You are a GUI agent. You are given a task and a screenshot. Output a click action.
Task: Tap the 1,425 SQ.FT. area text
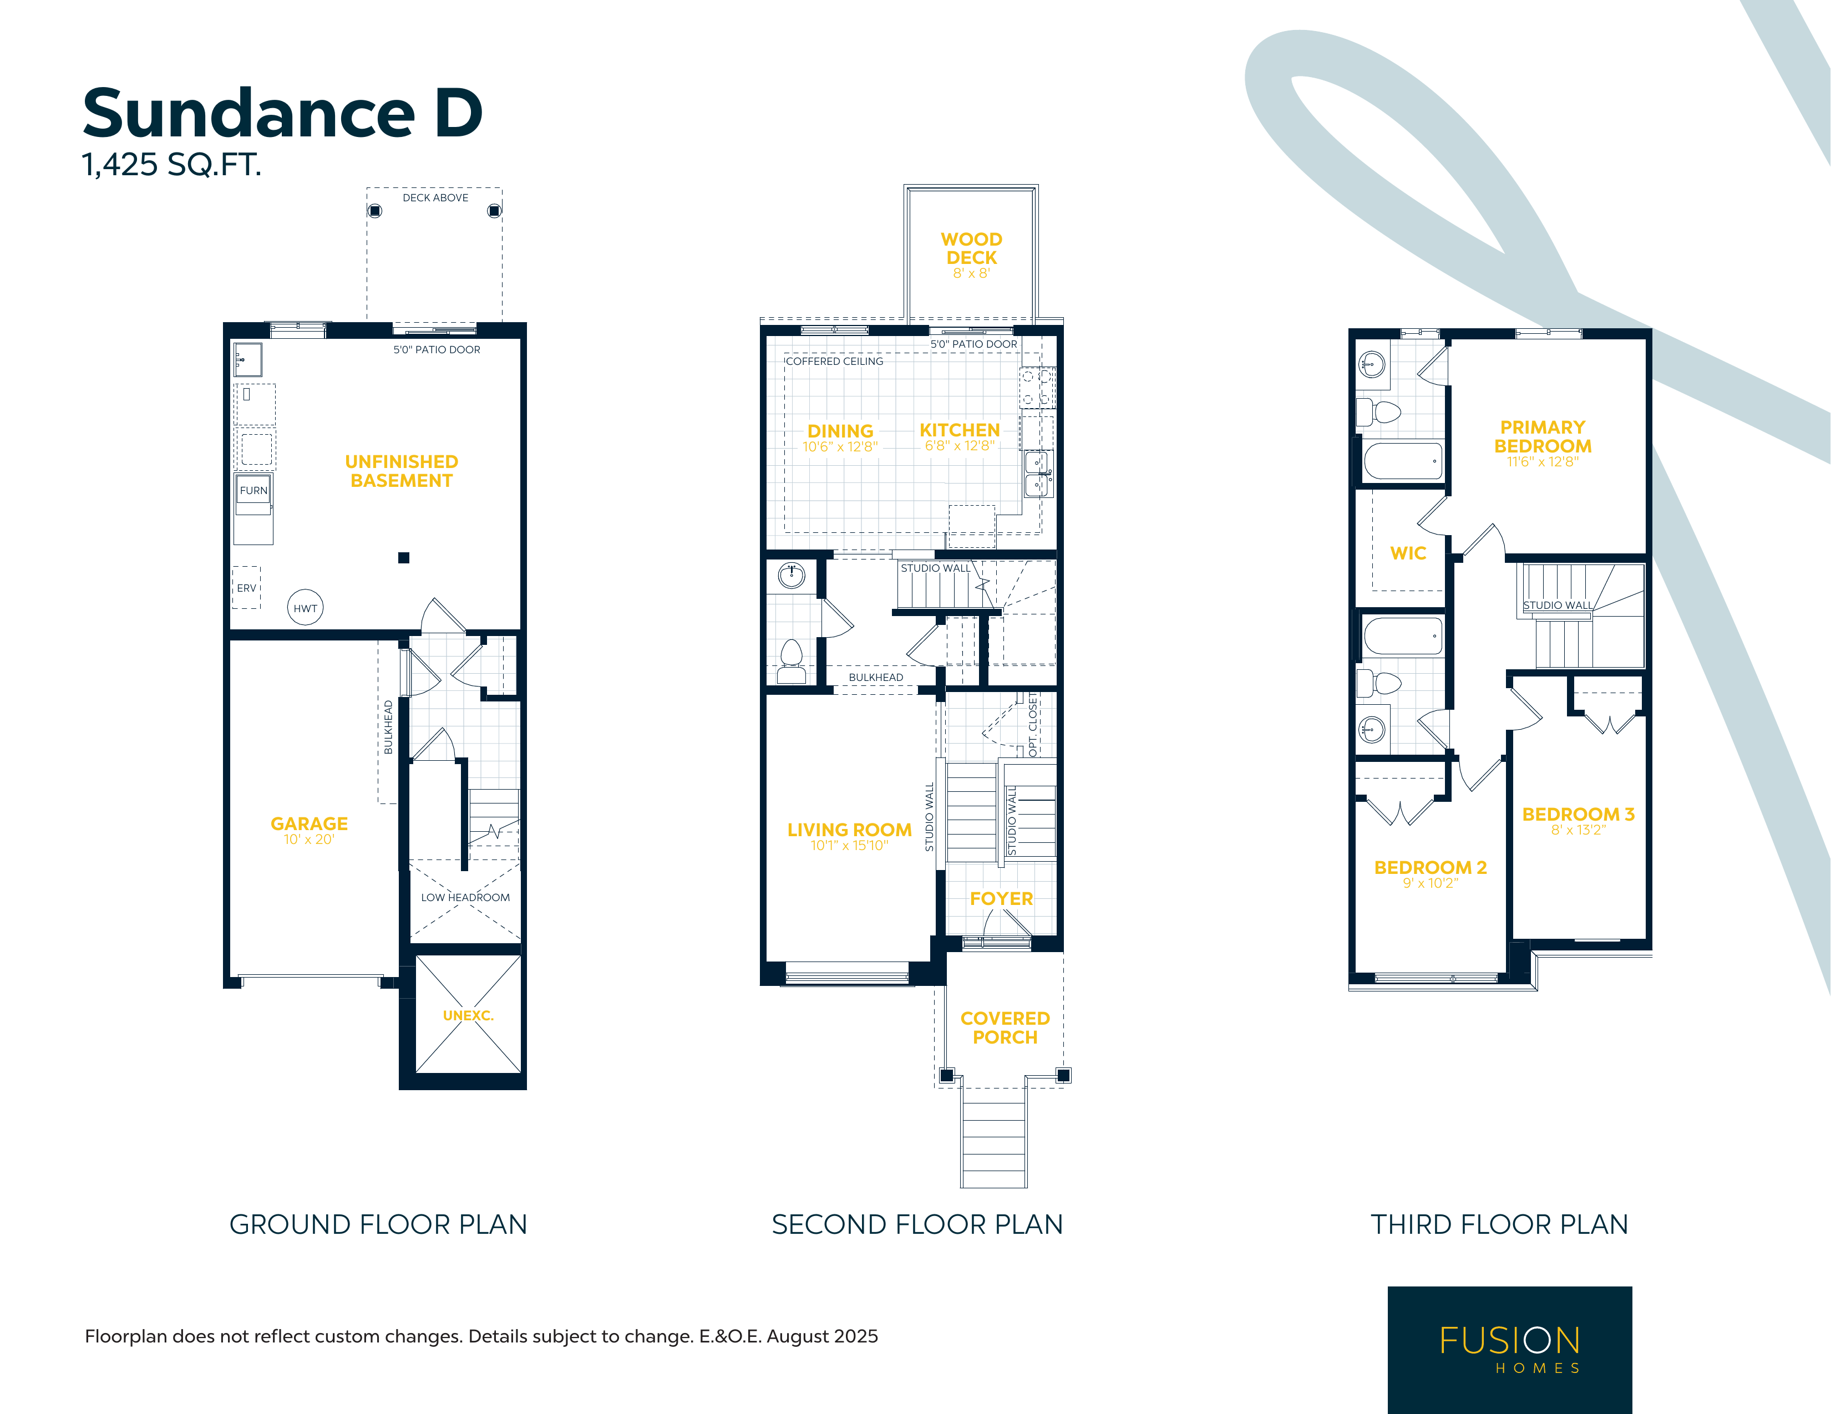[x=172, y=164]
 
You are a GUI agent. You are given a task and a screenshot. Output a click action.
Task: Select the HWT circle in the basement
[x=305, y=608]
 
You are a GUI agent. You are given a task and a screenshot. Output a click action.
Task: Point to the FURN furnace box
[x=253, y=490]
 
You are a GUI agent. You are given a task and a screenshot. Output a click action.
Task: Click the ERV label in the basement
[x=246, y=588]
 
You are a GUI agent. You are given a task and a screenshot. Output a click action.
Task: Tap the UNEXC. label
[x=468, y=1015]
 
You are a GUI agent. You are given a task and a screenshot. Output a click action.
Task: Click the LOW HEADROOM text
[x=465, y=897]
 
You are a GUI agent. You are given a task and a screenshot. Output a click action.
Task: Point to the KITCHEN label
[x=960, y=429]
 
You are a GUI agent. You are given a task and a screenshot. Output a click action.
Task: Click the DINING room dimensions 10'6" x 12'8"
[x=840, y=447]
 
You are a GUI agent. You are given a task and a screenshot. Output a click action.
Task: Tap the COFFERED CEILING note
[x=835, y=361]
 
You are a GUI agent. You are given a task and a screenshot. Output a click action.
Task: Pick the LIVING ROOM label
[x=849, y=829]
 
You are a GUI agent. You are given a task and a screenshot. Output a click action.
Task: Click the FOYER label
[x=1001, y=898]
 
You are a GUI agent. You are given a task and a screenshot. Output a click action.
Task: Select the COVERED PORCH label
[x=1005, y=1028]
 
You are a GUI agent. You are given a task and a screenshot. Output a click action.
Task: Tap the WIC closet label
[x=1408, y=553]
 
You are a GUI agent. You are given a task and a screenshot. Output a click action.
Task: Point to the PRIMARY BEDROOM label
[x=1543, y=437]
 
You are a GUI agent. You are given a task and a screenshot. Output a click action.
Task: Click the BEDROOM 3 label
[x=1579, y=814]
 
